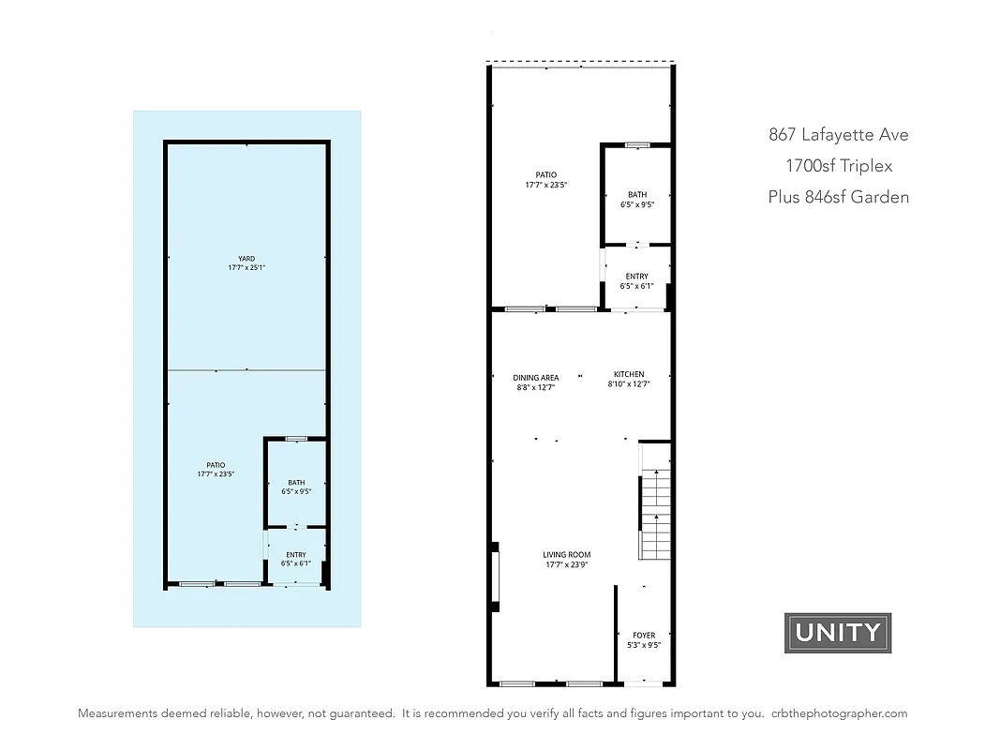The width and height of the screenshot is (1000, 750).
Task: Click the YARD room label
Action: pos(246,259)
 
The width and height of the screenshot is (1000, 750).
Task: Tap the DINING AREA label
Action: pos(536,378)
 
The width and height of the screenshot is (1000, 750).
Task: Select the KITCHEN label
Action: pos(629,374)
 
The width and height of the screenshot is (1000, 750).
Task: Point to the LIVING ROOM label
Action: pos(567,555)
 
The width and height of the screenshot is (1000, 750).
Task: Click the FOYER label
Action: pos(644,636)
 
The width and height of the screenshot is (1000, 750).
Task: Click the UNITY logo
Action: pos(837,633)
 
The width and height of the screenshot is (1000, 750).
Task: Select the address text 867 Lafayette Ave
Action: pos(838,134)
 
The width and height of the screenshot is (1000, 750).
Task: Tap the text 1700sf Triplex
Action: pos(839,166)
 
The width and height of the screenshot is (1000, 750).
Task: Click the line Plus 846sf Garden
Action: pos(838,197)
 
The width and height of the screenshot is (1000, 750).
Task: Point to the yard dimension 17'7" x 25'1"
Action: pos(246,268)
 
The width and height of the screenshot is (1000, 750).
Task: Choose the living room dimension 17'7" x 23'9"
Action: pos(567,564)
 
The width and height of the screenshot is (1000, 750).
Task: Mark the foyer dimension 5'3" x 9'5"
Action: pos(644,645)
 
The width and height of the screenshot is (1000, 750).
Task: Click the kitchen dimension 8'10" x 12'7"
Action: pos(629,383)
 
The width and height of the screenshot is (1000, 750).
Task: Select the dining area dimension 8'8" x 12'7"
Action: pos(536,387)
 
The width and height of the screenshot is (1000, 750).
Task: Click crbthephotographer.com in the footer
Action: pos(840,713)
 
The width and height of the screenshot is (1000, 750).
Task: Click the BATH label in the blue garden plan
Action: pos(296,482)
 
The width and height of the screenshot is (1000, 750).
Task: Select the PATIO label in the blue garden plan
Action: pos(216,465)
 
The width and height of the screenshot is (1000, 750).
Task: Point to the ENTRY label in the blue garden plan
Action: pos(296,555)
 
